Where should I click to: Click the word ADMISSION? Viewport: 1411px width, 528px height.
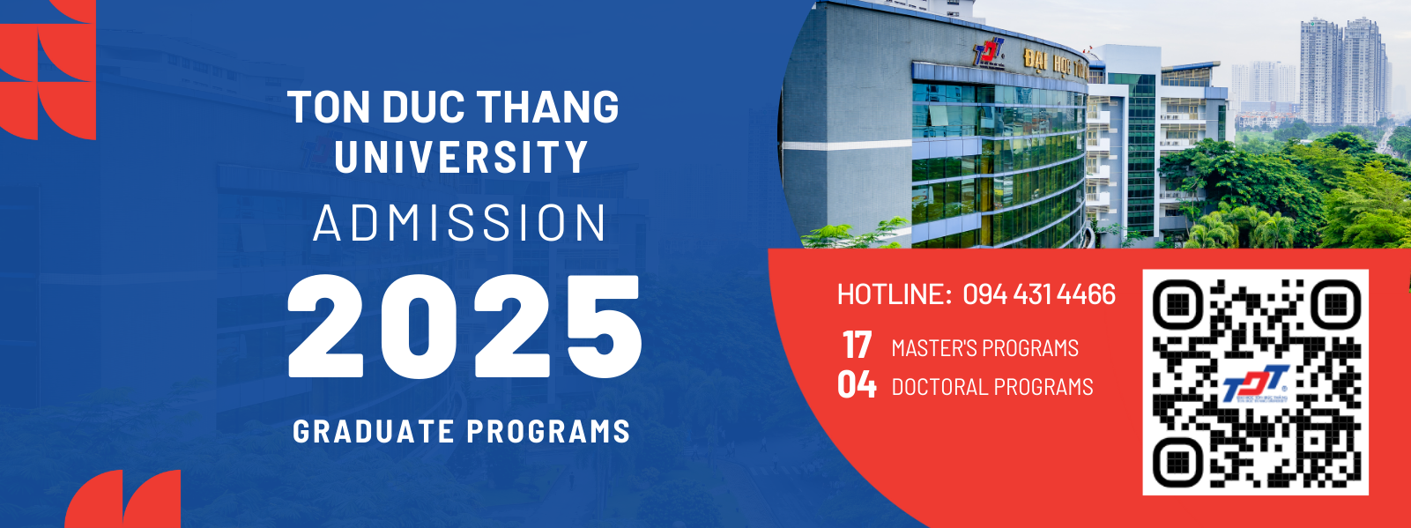[460, 222]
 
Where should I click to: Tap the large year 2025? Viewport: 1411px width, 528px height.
[464, 326]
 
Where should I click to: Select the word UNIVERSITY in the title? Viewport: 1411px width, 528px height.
[461, 156]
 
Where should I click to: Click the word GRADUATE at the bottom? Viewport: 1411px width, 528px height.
[374, 431]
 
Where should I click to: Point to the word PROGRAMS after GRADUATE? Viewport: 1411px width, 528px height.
[549, 431]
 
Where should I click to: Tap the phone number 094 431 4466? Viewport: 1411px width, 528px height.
[1039, 294]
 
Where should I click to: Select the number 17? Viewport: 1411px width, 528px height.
[858, 346]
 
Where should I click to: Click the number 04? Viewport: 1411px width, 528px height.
[857, 384]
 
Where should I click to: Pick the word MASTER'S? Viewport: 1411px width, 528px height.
[932, 348]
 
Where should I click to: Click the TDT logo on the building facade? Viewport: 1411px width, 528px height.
[988, 52]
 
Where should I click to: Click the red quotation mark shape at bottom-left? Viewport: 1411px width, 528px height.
[123, 499]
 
